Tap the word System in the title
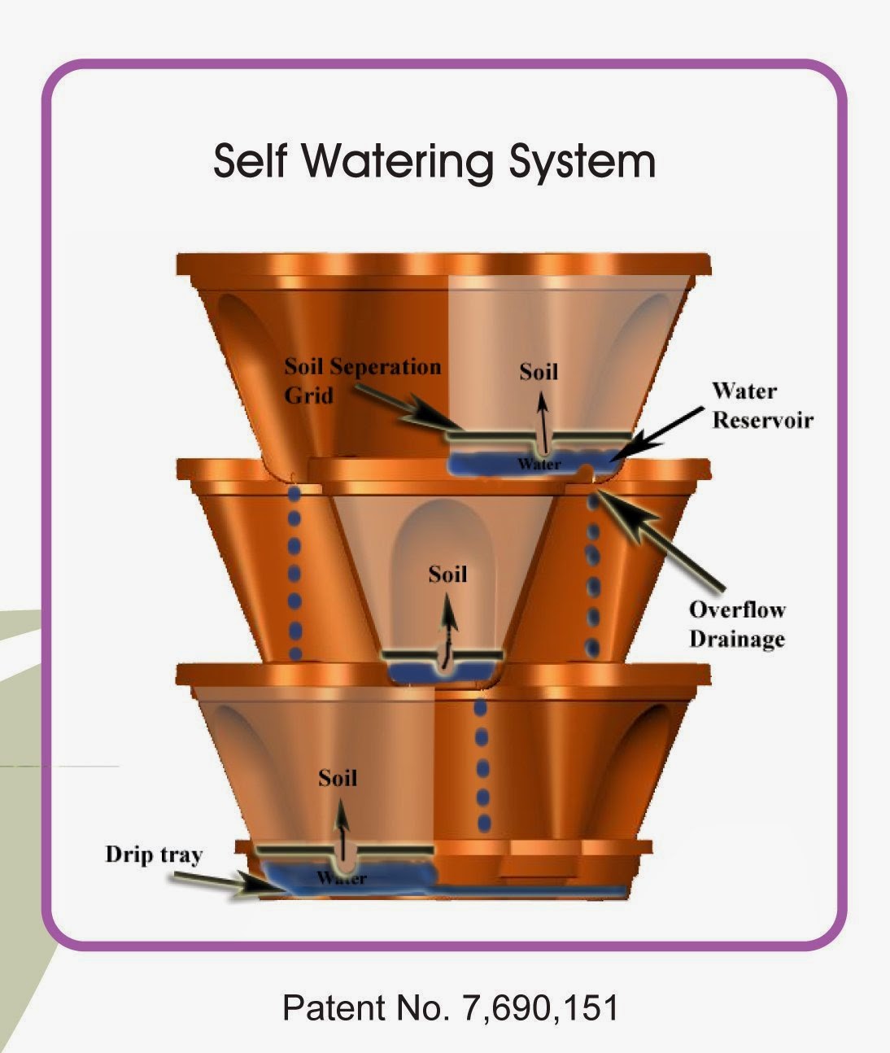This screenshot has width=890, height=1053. pyautogui.click(x=582, y=161)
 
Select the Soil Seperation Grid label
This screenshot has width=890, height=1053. pyautogui.click(x=362, y=380)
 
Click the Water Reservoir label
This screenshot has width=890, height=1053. pyautogui.click(x=761, y=405)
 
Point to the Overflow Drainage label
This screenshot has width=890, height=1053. pyautogui.click(x=737, y=624)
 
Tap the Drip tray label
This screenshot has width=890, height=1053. pyautogui.click(x=154, y=854)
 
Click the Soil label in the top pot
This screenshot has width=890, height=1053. pyautogui.click(x=539, y=372)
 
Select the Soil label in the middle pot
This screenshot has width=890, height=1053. pyautogui.click(x=447, y=575)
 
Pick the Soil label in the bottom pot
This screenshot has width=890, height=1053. pyautogui.click(x=338, y=778)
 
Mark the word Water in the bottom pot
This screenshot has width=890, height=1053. pyautogui.click(x=342, y=879)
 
